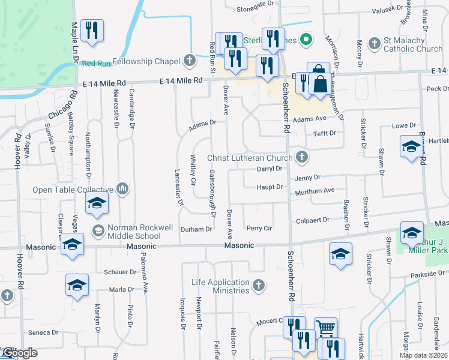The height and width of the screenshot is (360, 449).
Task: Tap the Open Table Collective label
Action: [x=73, y=190]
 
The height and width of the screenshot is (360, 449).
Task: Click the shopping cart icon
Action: [x=325, y=328]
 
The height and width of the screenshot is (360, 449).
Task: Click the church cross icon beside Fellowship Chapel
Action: [x=190, y=60]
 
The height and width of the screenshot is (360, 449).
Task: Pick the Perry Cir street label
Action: [x=259, y=229]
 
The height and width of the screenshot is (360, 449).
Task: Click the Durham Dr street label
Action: [x=197, y=229]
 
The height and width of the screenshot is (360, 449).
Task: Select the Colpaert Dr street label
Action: [x=312, y=220]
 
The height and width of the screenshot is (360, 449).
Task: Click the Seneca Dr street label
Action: [x=43, y=332]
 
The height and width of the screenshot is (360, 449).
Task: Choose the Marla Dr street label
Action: [x=122, y=289]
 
